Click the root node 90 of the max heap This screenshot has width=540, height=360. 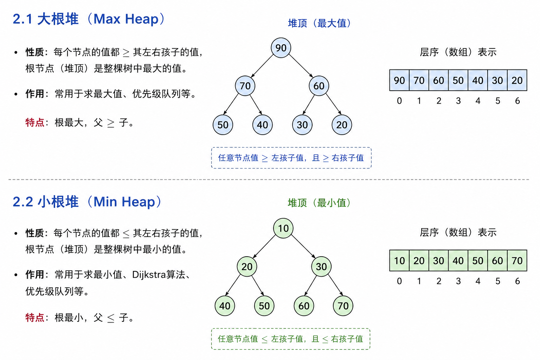(281, 48)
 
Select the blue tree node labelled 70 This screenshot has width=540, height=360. (245, 86)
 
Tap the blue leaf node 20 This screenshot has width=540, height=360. (342, 125)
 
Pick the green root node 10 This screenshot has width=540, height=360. (283, 228)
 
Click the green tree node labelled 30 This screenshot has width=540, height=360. (321, 266)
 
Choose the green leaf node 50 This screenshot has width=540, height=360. (264, 306)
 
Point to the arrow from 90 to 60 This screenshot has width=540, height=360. (301, 66)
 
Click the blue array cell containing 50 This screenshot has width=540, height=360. (458, 80)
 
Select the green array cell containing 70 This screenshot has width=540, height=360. (517, 261)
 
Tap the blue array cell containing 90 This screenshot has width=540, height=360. (399, 80)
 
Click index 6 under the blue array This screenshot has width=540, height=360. (517, 101)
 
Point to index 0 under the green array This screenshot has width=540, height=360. (399, 281)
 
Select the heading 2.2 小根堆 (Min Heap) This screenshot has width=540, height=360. (87, 201)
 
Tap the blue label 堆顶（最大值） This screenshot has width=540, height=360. (319, 24)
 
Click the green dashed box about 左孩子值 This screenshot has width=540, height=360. (291, 339)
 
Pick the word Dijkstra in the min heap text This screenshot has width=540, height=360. (149, 275)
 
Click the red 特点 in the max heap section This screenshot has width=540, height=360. (35, 122)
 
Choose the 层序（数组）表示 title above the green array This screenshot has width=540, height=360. (458, 232)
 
